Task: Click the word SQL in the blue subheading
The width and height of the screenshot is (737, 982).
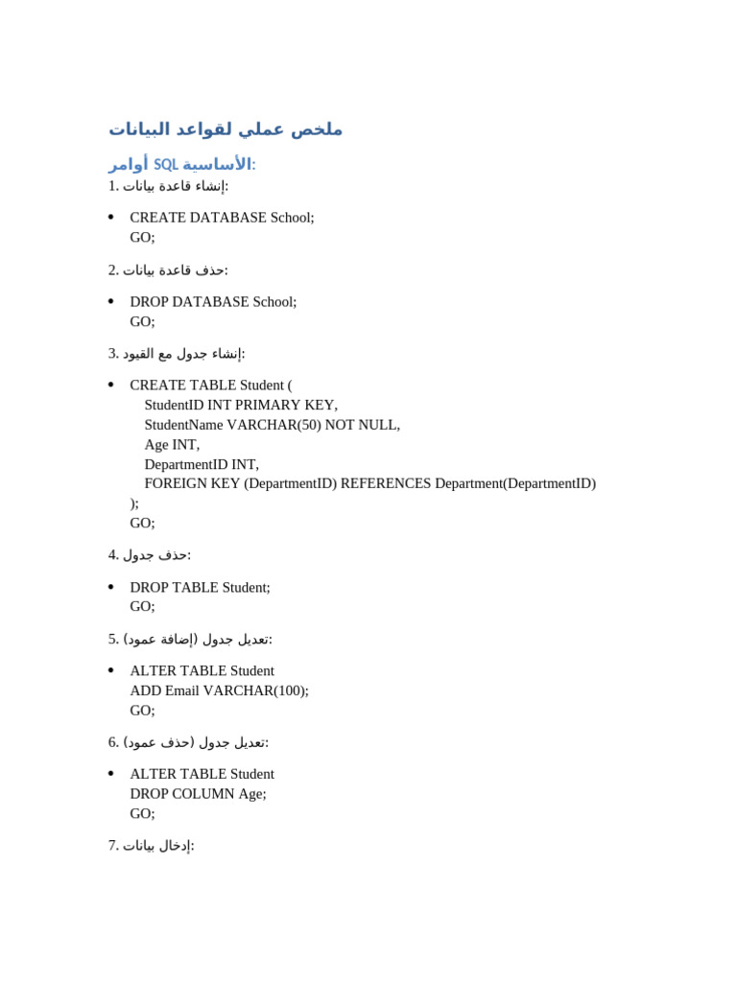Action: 166,164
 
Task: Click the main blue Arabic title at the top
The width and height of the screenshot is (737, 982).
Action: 226,129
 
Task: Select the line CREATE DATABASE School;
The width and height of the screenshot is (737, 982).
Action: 222,218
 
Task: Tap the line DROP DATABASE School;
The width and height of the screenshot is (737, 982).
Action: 213,302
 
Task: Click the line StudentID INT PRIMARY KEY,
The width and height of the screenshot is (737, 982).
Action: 241,405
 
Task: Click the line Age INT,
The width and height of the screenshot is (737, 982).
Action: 172,445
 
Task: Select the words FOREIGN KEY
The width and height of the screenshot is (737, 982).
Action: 192,483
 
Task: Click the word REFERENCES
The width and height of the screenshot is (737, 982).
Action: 386,483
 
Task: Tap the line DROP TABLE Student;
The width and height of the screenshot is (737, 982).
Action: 200,587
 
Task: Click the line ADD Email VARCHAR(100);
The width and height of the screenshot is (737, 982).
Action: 219,690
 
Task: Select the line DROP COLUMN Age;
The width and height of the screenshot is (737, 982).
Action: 198,793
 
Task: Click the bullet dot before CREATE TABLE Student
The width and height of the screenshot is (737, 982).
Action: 111,386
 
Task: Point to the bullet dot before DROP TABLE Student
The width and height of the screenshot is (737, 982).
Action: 111,587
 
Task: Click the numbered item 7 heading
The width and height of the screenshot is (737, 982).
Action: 152,845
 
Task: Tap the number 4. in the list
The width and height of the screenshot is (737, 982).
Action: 113,554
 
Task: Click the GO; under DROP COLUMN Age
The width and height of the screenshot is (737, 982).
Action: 142,813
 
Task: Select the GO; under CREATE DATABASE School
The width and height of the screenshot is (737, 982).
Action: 142,237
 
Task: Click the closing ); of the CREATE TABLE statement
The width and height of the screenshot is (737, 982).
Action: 134,503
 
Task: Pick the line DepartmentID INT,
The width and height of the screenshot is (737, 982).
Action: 202,464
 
